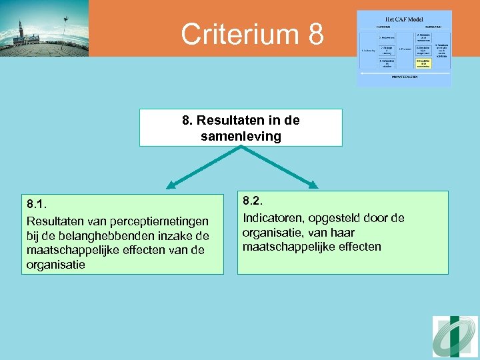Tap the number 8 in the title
(x=315, y=35)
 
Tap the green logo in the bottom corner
(x=455, y=337)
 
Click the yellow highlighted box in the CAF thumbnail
(x=423, y=63)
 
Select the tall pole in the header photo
(x=65, y=30)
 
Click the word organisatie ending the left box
(x=56, y=265)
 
